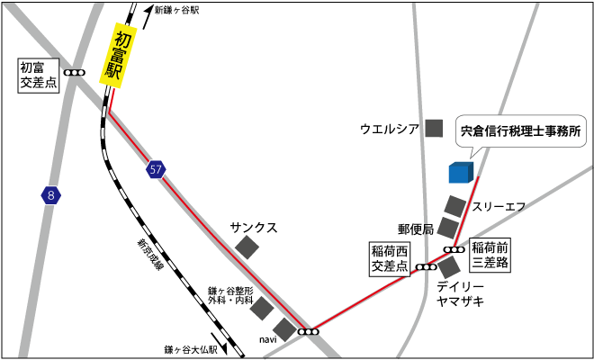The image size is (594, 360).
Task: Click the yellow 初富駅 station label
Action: [118, 57]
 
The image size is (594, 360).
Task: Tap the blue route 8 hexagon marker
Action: [51, 193]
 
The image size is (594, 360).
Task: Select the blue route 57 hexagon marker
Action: [157, 169]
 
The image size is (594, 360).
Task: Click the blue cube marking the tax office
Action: [460, 171]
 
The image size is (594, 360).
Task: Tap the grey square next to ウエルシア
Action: [435, 129]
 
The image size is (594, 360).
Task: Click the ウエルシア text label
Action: [390, 129]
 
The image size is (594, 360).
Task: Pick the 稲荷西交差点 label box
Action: [390, 257]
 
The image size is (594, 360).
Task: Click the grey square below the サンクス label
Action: [247, 247]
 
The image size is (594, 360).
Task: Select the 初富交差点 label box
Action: [38, 74]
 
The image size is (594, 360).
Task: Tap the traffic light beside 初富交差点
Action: [75, 72]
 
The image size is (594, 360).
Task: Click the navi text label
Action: [267, 339]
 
